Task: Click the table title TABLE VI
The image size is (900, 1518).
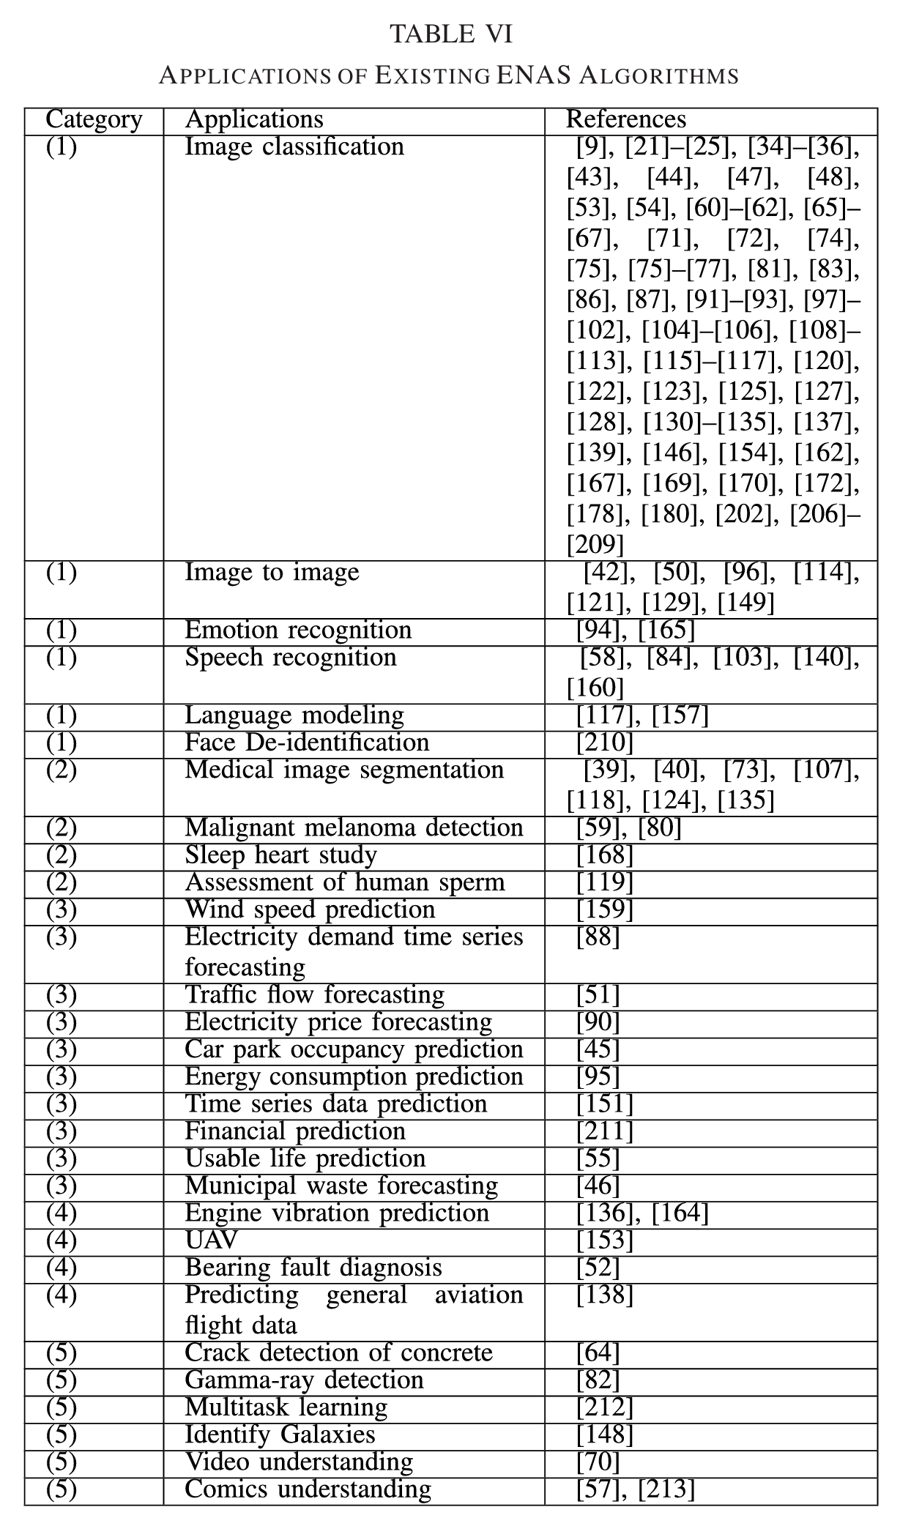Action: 450,34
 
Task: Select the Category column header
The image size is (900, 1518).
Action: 94,119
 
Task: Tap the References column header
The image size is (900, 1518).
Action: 626,119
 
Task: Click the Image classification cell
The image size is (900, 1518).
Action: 294,146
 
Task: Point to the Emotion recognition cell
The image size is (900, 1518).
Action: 298,630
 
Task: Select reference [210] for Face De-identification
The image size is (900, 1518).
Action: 605,743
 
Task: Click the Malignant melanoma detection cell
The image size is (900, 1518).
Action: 354,827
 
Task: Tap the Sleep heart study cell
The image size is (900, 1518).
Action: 280,855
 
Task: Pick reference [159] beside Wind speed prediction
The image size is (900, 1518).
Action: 605,909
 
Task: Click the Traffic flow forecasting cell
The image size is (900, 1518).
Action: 315,994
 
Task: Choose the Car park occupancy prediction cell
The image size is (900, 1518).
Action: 354,1049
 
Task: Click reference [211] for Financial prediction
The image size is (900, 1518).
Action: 605,1131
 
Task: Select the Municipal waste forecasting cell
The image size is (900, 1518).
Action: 341,1186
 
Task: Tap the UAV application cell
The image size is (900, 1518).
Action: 212,1240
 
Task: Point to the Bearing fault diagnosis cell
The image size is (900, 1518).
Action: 313,1268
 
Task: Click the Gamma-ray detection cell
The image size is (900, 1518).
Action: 304,1380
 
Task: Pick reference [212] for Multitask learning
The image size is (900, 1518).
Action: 605,1407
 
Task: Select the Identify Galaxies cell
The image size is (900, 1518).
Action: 280,1435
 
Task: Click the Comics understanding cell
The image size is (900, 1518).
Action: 308,1489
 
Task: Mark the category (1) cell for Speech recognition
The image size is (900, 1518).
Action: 62,658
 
